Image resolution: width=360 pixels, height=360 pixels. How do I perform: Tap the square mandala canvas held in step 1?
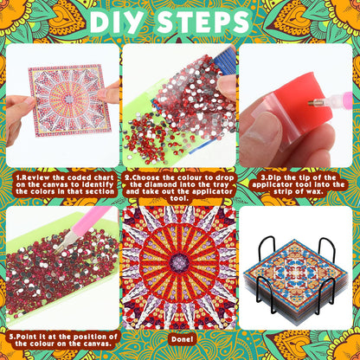coord(63,99)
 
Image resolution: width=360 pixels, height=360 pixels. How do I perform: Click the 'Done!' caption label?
coord(180,338)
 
